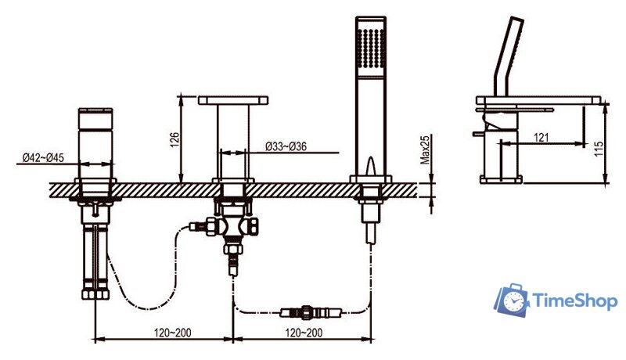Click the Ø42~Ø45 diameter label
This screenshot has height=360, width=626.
[x=43, y=157]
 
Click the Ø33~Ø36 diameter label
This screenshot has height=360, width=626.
[x=286, y=146]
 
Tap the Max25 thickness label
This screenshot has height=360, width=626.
[x=425, y=149]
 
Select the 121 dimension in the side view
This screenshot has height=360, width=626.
[x=541, y=138]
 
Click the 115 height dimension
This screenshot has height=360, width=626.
[x=599, y=149]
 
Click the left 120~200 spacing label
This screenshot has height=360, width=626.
[x=173, y=332]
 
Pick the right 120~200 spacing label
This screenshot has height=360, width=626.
[x=304, y=332]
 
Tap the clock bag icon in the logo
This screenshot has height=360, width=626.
[x=512, y=300]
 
